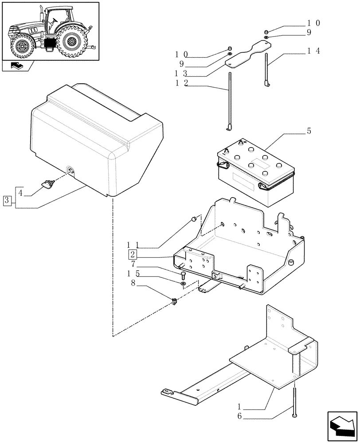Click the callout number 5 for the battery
coord(309,131)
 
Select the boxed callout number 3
coord(7,200)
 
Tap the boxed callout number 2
coord(133,254)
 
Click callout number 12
coord(180,83)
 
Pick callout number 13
coord(180,74)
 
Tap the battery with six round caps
coord(255,175)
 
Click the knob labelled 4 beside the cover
coord(47,183)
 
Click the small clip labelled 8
coord(174,302)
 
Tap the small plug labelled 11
coord(193,219)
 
